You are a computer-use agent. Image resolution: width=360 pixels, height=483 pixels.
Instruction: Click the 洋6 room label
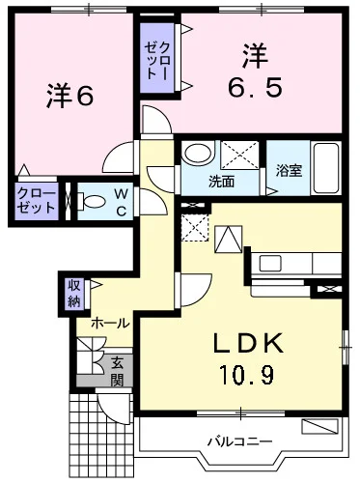point(70,97)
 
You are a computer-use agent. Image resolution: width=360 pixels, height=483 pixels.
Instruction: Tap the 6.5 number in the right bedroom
point(255,88)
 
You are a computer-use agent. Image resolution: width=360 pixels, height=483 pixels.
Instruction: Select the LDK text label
point(249,343)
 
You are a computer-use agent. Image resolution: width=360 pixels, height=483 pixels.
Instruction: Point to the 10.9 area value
point(247,375)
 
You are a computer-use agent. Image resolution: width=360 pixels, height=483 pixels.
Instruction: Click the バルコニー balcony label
point(239,441)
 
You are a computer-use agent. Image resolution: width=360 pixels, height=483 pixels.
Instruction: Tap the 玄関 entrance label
point(117,372)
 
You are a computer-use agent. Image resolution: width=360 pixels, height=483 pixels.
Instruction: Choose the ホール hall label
point(110,324)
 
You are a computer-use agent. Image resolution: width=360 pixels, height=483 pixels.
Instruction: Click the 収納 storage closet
point(74,294)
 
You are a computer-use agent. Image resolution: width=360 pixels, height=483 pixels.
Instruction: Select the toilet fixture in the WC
point(92,202)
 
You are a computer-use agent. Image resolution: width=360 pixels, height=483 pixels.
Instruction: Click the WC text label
point(121,202)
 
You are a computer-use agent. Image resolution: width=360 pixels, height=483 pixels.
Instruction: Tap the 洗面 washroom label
point(221,182)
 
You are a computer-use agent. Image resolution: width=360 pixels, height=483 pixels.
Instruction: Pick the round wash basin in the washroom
point(198,153)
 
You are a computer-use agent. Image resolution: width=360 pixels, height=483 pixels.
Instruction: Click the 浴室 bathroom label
point(290,171)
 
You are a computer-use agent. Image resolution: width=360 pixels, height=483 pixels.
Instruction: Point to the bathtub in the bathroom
point(326,168)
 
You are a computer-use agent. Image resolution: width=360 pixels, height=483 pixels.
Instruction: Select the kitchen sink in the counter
point(270,264)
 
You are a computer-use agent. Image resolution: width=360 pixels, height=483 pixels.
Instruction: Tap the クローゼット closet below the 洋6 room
point(36,201)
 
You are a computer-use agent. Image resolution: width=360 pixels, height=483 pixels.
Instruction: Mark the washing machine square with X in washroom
point(239,155)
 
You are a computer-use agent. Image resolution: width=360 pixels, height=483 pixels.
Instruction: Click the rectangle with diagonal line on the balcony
point(320,426)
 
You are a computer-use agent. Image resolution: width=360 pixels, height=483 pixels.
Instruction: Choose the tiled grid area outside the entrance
point(100,437)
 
